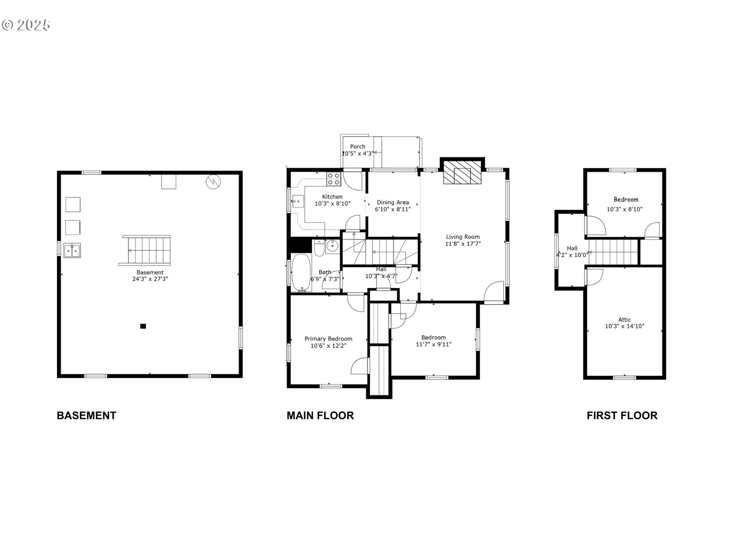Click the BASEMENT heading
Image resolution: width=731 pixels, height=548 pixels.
86,415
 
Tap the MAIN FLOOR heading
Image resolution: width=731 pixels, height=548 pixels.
320,415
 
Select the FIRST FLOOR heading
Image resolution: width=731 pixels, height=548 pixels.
622,415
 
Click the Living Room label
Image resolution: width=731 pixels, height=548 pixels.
463,237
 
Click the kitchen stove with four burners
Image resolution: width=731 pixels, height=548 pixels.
334,179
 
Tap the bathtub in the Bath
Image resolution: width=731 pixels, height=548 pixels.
301,272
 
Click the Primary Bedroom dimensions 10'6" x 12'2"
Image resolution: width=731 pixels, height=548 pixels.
328,346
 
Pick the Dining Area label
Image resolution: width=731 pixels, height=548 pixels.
393,202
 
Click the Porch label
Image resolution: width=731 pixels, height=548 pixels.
358,147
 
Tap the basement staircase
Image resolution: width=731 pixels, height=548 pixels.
146,250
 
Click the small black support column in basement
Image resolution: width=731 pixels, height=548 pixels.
143,326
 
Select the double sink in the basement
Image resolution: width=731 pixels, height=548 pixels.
72,251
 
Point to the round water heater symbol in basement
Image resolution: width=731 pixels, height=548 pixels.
213,182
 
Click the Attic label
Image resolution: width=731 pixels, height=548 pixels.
624,320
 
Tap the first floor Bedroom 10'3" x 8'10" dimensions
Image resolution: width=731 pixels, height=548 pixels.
624,209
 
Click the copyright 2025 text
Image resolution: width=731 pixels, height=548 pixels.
26,25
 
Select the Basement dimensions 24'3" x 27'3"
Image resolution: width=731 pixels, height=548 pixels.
150,279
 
